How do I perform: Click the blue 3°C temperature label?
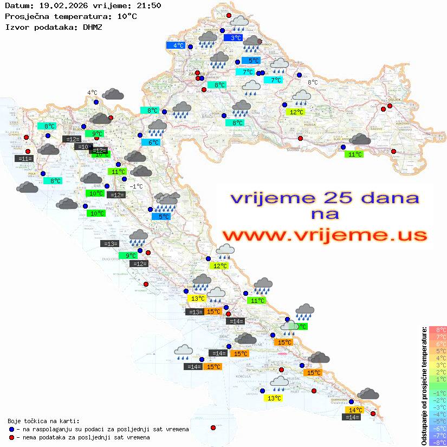(x=236, y=38)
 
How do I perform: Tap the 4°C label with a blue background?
(x=178, y=46)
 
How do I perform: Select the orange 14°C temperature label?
(x=355, y=410)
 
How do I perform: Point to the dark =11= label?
(x=24, y=159)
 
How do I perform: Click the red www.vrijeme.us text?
(x=324, y=235)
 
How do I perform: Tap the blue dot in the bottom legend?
(x=12, y=429)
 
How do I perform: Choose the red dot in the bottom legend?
(x=12, y=437)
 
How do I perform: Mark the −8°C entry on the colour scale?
(x=437, y=443)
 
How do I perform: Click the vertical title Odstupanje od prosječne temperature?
(x=424, y=386)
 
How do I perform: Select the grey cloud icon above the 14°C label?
(x=368, y=394)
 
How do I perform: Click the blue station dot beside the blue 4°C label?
(x=190, y=47)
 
